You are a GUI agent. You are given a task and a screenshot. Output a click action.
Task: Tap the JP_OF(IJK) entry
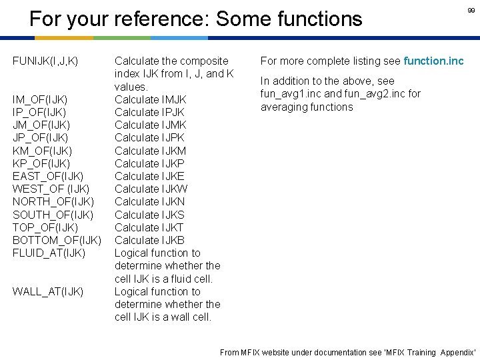tap(40, 138)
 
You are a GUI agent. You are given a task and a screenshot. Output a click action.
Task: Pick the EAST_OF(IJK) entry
tap(48, 176)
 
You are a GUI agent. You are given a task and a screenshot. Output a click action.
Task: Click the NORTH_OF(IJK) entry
tap(53, 201)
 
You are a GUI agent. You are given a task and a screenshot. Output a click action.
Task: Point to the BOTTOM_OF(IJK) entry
tap(57, 240)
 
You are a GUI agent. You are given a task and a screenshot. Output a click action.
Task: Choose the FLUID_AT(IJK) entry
tap(49, 253)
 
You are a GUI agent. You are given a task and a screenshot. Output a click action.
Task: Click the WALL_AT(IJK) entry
tap(48, 291)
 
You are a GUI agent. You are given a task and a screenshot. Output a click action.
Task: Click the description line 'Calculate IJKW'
tap(151, 189)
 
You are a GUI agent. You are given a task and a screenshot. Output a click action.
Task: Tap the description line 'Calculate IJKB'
tap(150, 240)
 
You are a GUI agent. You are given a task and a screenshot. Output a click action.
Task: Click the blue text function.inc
tap(433, 61)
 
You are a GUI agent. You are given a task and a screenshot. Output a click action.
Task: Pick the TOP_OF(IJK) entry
tap(45, 227)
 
